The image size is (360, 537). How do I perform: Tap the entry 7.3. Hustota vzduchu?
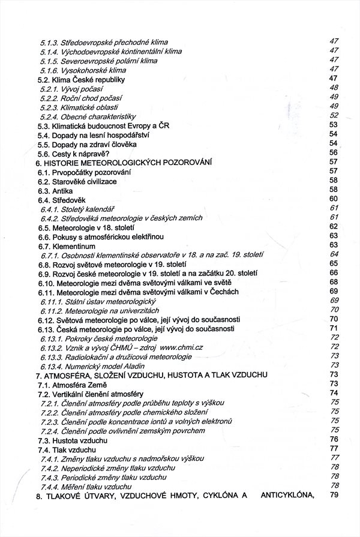(73, 440)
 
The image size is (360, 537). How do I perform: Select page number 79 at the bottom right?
(335, 495)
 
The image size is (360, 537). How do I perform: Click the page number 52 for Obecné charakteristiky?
(335, 115)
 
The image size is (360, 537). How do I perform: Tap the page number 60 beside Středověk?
(335, 199)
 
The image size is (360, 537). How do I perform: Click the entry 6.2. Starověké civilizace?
(77, 181)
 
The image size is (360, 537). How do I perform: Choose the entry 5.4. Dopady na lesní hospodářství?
(93, 134)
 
